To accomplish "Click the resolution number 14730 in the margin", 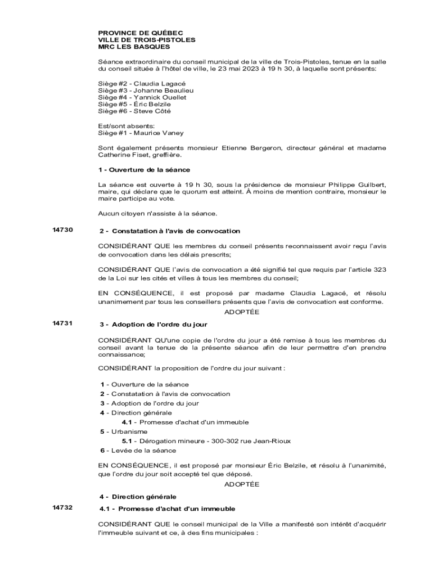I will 62,229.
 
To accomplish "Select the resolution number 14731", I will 62,323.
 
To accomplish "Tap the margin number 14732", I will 62,507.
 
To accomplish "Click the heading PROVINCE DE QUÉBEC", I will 141,33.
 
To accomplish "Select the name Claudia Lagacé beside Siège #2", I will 159,83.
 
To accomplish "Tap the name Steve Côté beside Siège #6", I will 152,111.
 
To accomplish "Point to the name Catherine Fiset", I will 123,155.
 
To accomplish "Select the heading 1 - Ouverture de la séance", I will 144,169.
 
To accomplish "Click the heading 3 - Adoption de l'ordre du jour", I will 154,325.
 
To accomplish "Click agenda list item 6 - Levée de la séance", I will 138,451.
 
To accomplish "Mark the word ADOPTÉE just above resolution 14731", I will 242,312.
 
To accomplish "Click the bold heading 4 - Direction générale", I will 138,497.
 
